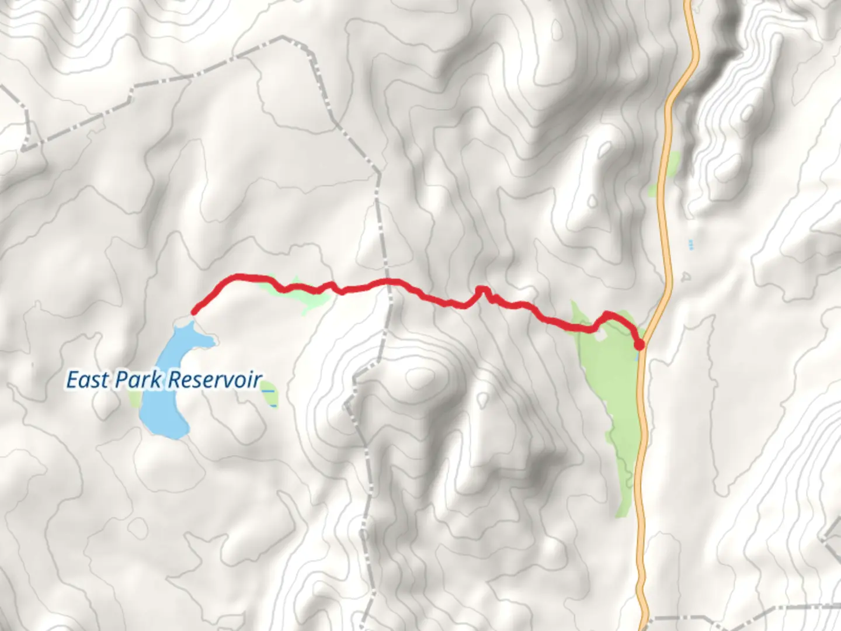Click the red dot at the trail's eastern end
[x=640, y=345]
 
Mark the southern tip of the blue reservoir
[x=169, y=435]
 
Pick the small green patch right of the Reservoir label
[x=271, y=398]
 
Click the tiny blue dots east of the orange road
[x=691, y=244]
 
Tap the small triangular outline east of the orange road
[x=686, y=276]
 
